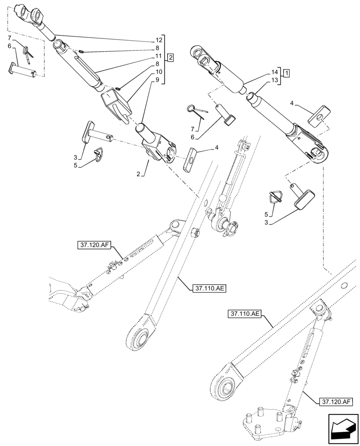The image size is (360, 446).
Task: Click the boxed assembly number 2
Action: pos(171,57)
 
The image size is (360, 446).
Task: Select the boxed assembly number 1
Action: pos(286,72)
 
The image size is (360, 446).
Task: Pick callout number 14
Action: pos(274,72)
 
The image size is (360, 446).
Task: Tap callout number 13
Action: pos(274,80)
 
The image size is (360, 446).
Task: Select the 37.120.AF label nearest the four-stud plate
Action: pos(335,402)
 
